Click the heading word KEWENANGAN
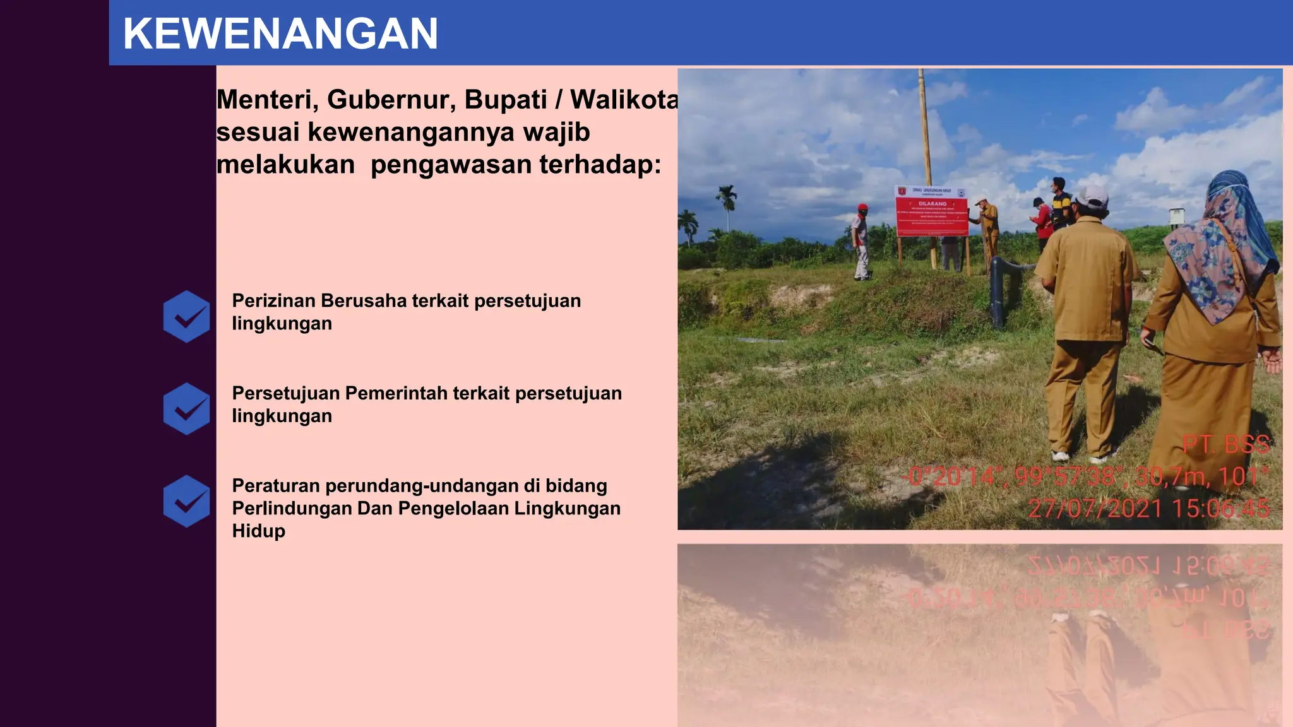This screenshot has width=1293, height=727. [280, 33]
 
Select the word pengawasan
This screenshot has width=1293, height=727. [451, 165]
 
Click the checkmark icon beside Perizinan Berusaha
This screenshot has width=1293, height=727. [186, 316]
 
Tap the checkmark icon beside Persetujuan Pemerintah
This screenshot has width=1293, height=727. [186, 409]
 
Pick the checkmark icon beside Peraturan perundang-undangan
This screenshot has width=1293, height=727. [186, 501]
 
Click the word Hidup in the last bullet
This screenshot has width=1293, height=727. [258, 531]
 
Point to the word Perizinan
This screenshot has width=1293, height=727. [273, 300]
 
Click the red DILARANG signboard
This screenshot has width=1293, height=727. [932, 211]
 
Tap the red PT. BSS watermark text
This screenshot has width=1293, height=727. [1225, 444]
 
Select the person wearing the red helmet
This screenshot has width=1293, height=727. [861, 240]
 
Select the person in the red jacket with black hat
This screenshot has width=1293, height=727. [1042, 221]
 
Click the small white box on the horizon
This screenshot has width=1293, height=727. [1176, 216]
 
